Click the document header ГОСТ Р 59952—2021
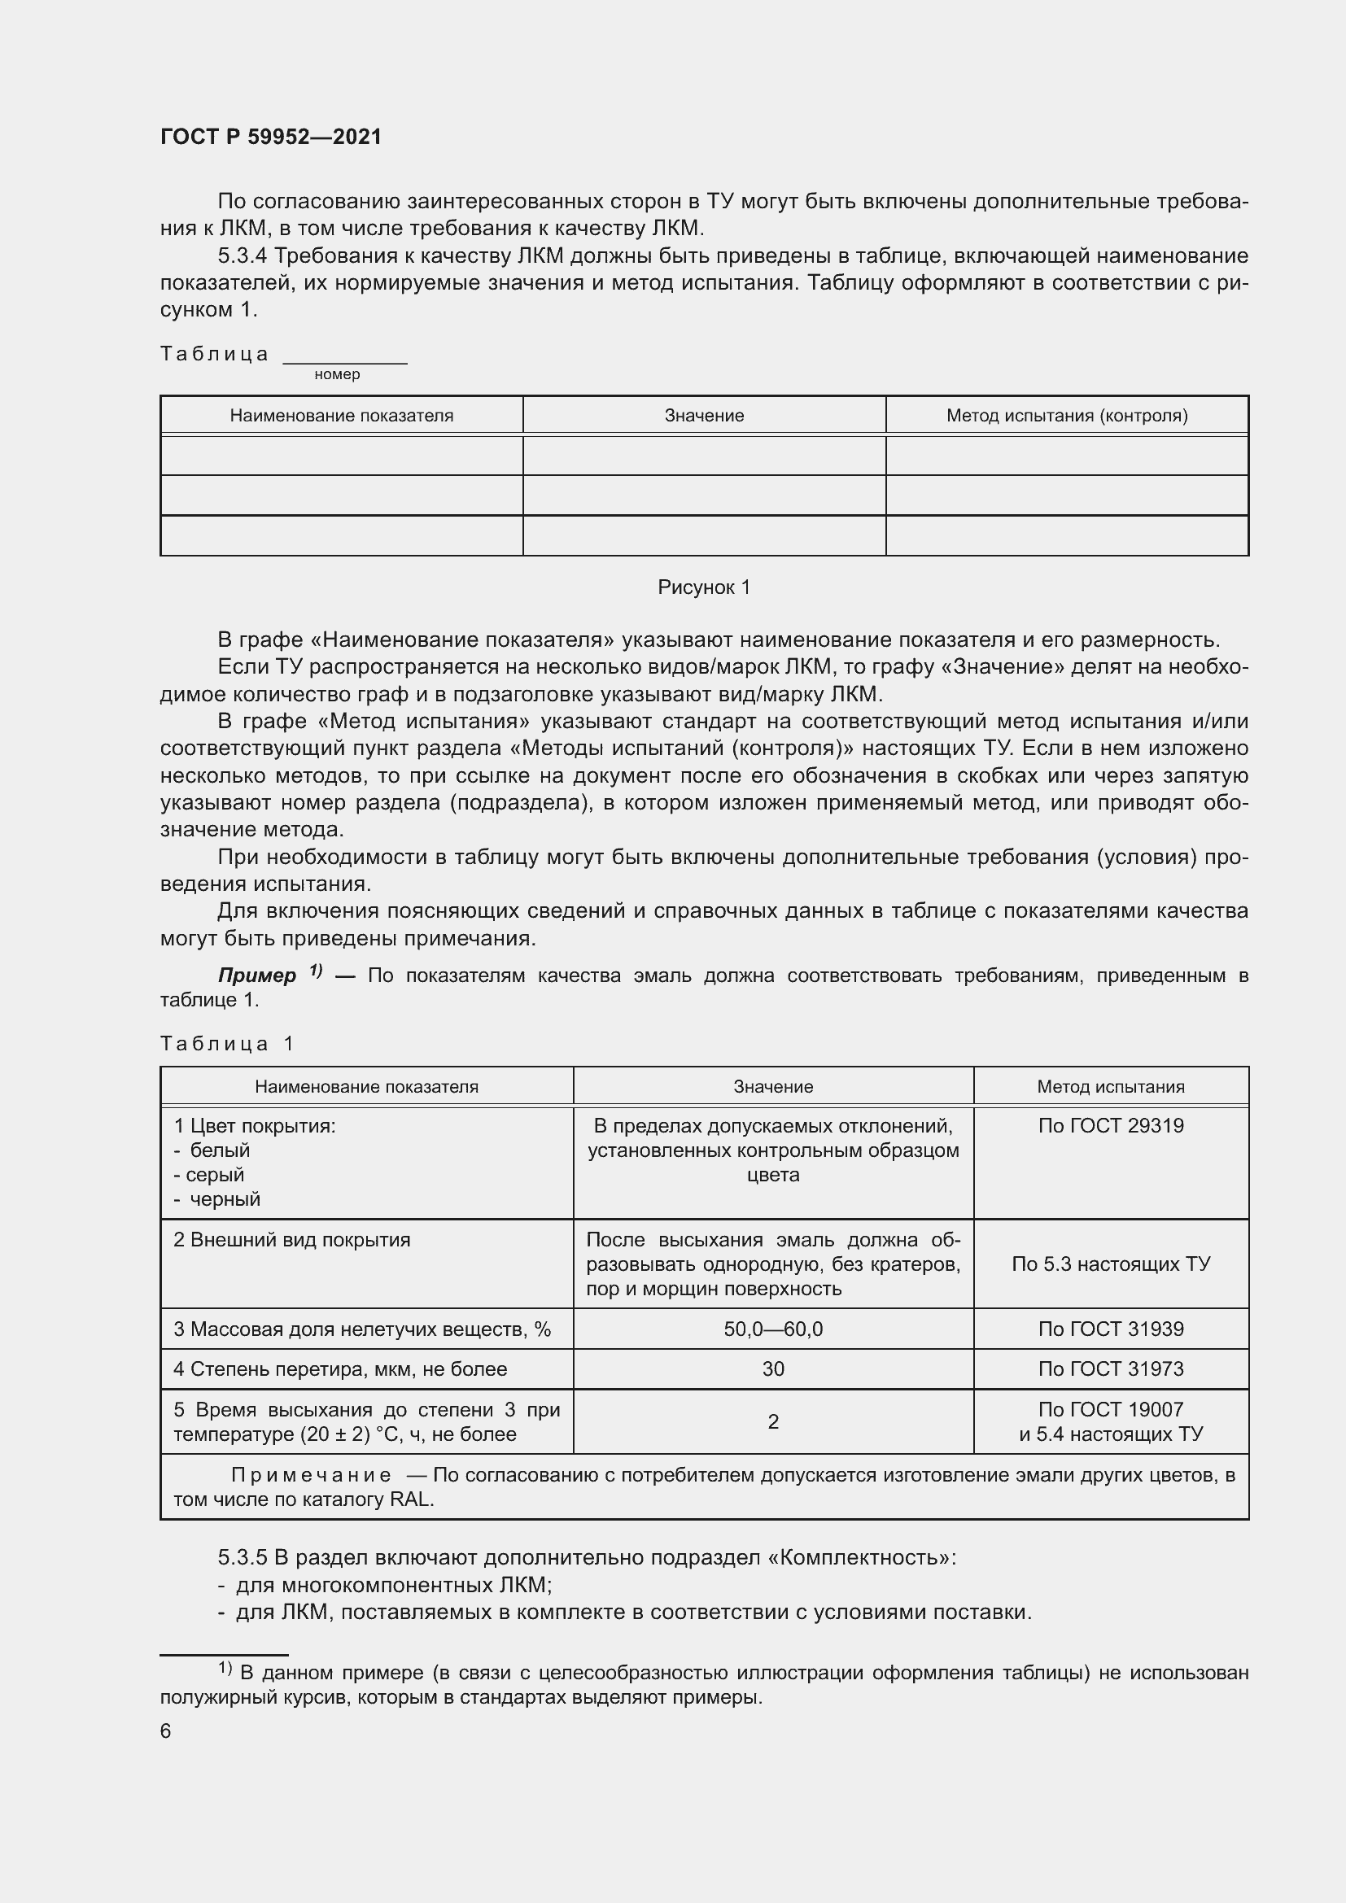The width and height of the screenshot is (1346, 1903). (271, 137)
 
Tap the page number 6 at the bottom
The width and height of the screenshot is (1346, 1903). (166, 1731)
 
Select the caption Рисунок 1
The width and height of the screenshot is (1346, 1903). (704, 587)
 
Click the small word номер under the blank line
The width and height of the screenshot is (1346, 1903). (338, 374)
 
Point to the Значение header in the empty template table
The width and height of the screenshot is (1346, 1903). (704, 416)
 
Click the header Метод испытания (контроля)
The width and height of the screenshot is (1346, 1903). (1067, 416)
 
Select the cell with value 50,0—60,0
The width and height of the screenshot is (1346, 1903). (772, 1329)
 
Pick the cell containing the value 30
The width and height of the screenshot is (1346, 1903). (772, 1369)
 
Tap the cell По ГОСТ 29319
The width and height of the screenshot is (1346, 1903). (1111, 1126)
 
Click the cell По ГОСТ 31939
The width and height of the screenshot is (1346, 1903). (1111, 1329)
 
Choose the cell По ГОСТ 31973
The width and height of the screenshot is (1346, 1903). (1111, 1369)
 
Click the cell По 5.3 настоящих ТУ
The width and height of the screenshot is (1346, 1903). (1111, 1264)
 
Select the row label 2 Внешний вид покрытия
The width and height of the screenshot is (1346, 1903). (292, 1240)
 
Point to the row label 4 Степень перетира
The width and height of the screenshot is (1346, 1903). (340, 1369)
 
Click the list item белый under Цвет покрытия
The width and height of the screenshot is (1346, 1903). (219, 1150)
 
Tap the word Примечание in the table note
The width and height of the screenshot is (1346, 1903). (311, 1475)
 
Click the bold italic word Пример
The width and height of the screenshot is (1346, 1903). (257, 976)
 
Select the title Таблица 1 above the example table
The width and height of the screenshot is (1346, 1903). (226, 1044)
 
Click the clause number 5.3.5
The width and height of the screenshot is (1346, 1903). (242, 1557)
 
